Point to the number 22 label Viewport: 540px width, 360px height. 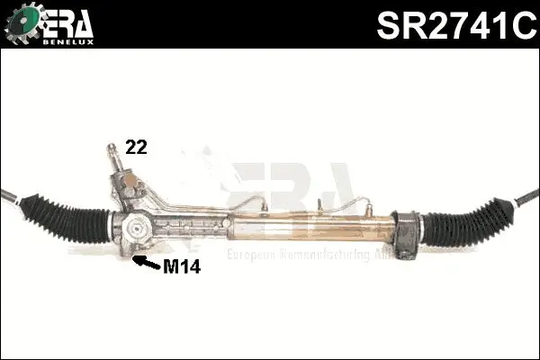(136, 148)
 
